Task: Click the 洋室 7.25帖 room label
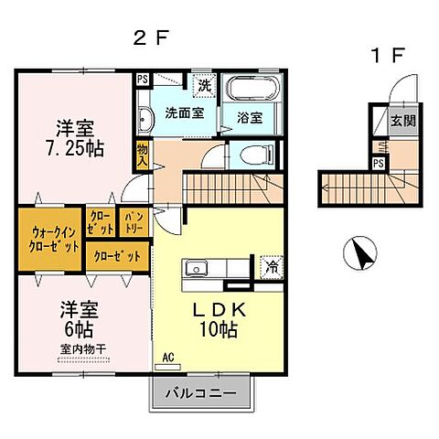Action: click(x=76, y=137)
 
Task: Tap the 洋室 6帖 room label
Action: click(x=77, y=319)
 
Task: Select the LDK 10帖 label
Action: click(x=217, y=319)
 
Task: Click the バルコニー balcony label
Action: click(x=200, y=394)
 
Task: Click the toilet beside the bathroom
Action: click(x=250, y=155)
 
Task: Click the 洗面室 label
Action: click(x=183, y=115)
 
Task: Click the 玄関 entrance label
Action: click(x=402, y=120)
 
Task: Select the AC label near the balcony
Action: click(x=168, y=356)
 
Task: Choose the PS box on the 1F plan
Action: click(x=378, y=163)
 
